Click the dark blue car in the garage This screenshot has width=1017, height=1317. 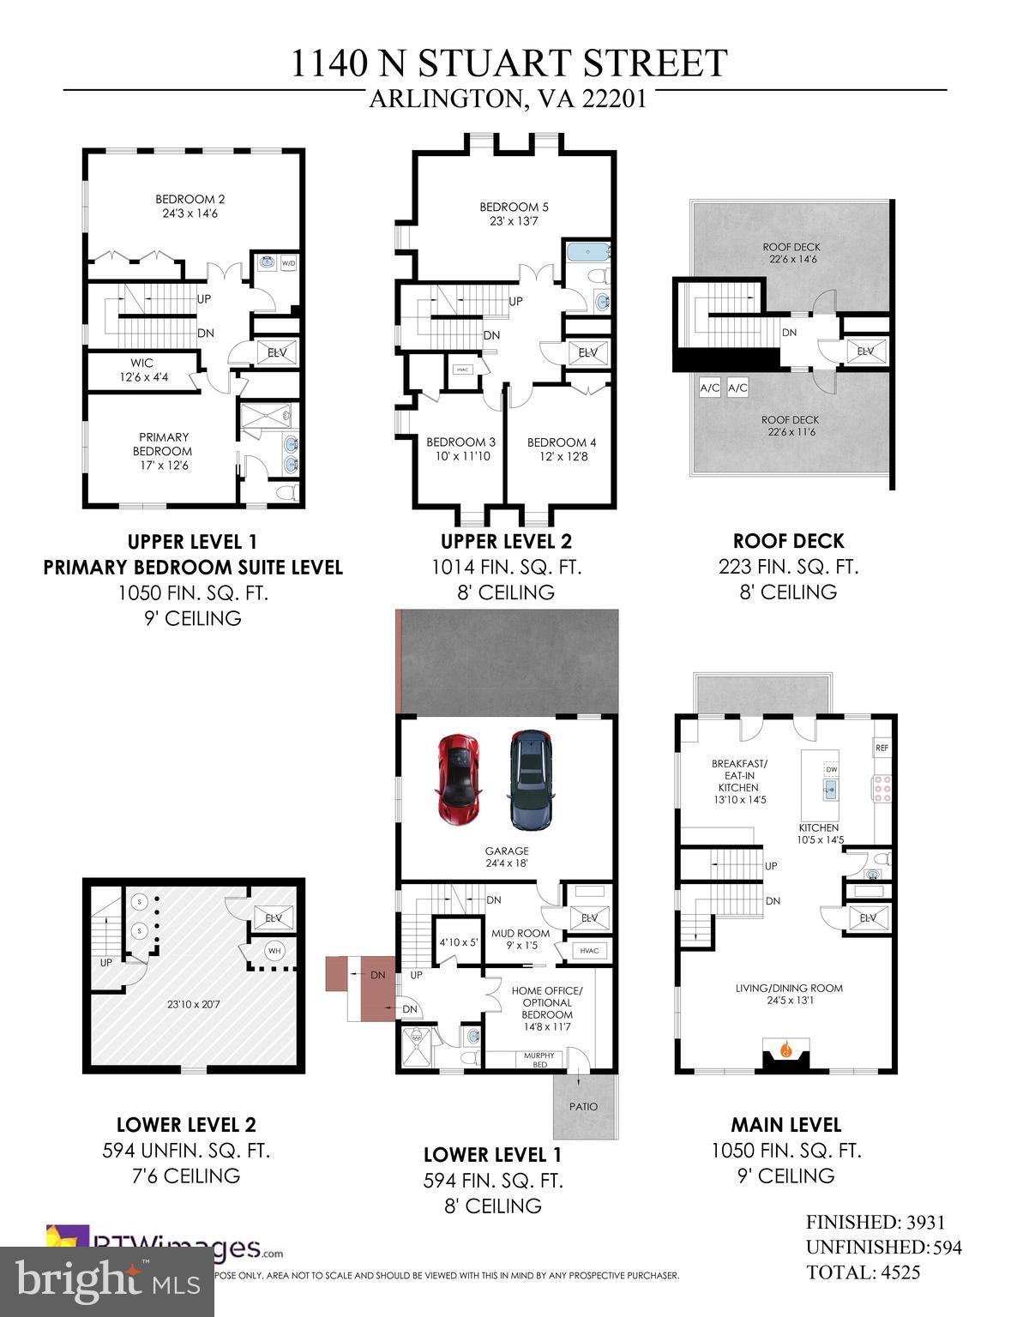pos(531,780)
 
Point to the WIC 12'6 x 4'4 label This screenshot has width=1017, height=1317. pos(142,370)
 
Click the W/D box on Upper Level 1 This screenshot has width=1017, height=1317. pos(288,263)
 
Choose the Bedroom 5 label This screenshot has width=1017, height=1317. pos(514,213)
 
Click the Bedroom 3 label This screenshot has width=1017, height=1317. pos(460,449)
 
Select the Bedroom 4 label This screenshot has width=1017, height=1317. pos(562,449)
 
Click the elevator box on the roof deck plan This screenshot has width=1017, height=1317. pos(864,352)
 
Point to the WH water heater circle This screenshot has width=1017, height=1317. pos(274,951)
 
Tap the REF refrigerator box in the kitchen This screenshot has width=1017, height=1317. pos(882,748)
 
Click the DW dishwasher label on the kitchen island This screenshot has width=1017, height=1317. pos(831,769)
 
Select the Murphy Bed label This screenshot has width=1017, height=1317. pos(539,1060)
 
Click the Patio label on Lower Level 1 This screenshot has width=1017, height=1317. pos(583,1107)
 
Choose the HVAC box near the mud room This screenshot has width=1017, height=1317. pos(589,951)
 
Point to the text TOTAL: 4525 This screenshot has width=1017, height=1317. pos(863,1272)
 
